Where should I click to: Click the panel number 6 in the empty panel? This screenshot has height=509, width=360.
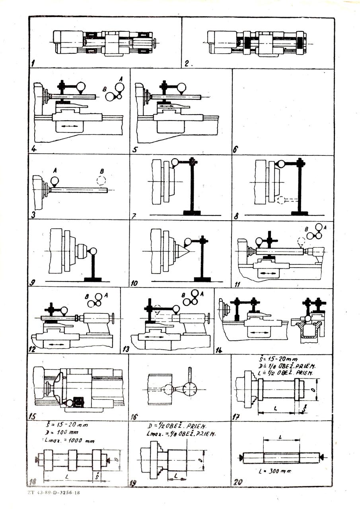pyautogui.click(x=235, y=150)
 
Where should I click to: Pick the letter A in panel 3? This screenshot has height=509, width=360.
pyautogui.click(x=54, y=170)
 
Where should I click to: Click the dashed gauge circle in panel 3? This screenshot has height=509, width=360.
pyautogui.click(x=101, y=180)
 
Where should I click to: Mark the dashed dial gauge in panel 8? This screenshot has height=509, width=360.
pyautogui.click(x=281, y=200)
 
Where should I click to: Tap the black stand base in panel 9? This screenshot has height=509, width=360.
pyautogui.click(x=93, y=279)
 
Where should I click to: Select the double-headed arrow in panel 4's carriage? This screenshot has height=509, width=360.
pyautogui.click(x=70, y=126)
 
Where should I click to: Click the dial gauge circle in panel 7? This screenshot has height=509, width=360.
pyautogui.click(x=175, y=162)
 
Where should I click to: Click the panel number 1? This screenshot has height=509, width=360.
pyautogui.click(x=34, y=62)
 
